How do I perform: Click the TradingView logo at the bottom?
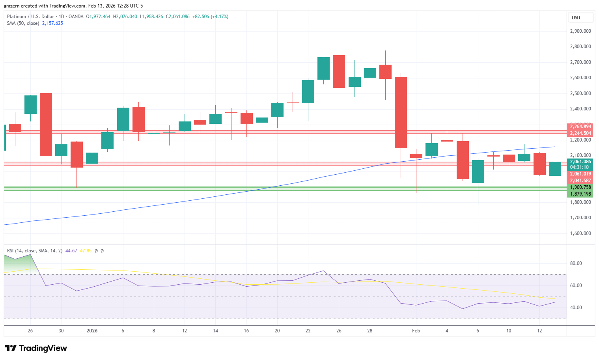pyautogui.click(x=36, y=348)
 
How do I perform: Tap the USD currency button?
pyautogui.click(x=576, y=17)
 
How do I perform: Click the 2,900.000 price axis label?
pyautogui.click(x=580, y=31)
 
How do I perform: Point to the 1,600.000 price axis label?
pyautogui.click(x=580, y=233)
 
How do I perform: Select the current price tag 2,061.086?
pyautogui.click(x=580, y=162)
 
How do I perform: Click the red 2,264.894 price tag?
pyautogui.click(x=580, y=127)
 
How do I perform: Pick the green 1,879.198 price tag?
pyautogui.click(x=580, y=194)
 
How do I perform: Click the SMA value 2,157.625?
pyautogui.click(x=52, y=23)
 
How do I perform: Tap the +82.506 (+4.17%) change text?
pyautogui.click(x=210, y=17)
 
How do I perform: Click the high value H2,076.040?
pyautogui.click(x=125, y=17)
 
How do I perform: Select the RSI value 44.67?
pyautogui.click(x=71, y=251)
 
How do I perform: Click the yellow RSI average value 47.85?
pyautogui.click(x=86, y=251)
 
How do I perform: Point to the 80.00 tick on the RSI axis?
pyautogui.click(x=576, y=263)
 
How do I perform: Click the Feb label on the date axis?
pyautogui.click(x=416, y=331)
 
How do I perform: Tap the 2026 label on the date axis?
pyautogui.click(x=92, y=331)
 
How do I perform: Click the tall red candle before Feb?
pyautogui.click(x=401, y=113)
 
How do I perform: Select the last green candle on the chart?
pyautogui.click(x=555, y=169)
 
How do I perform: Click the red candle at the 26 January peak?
pyautogui.click(x=339, y=71)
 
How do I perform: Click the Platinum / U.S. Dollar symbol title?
pyautogui.click(x=31, y=17)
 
